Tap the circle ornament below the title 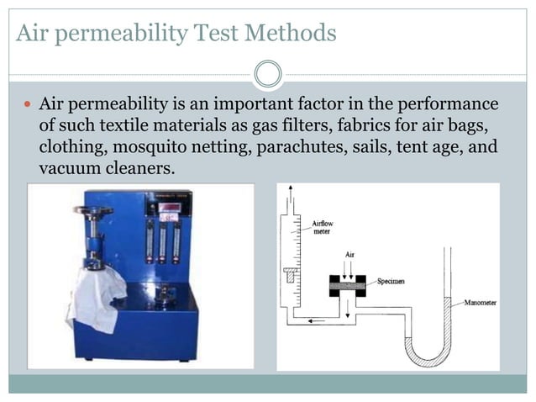point(267,74)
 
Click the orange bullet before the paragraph point(25,104)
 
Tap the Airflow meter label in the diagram point(323,228)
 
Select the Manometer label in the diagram point(481,301)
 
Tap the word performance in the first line point(452,104)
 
